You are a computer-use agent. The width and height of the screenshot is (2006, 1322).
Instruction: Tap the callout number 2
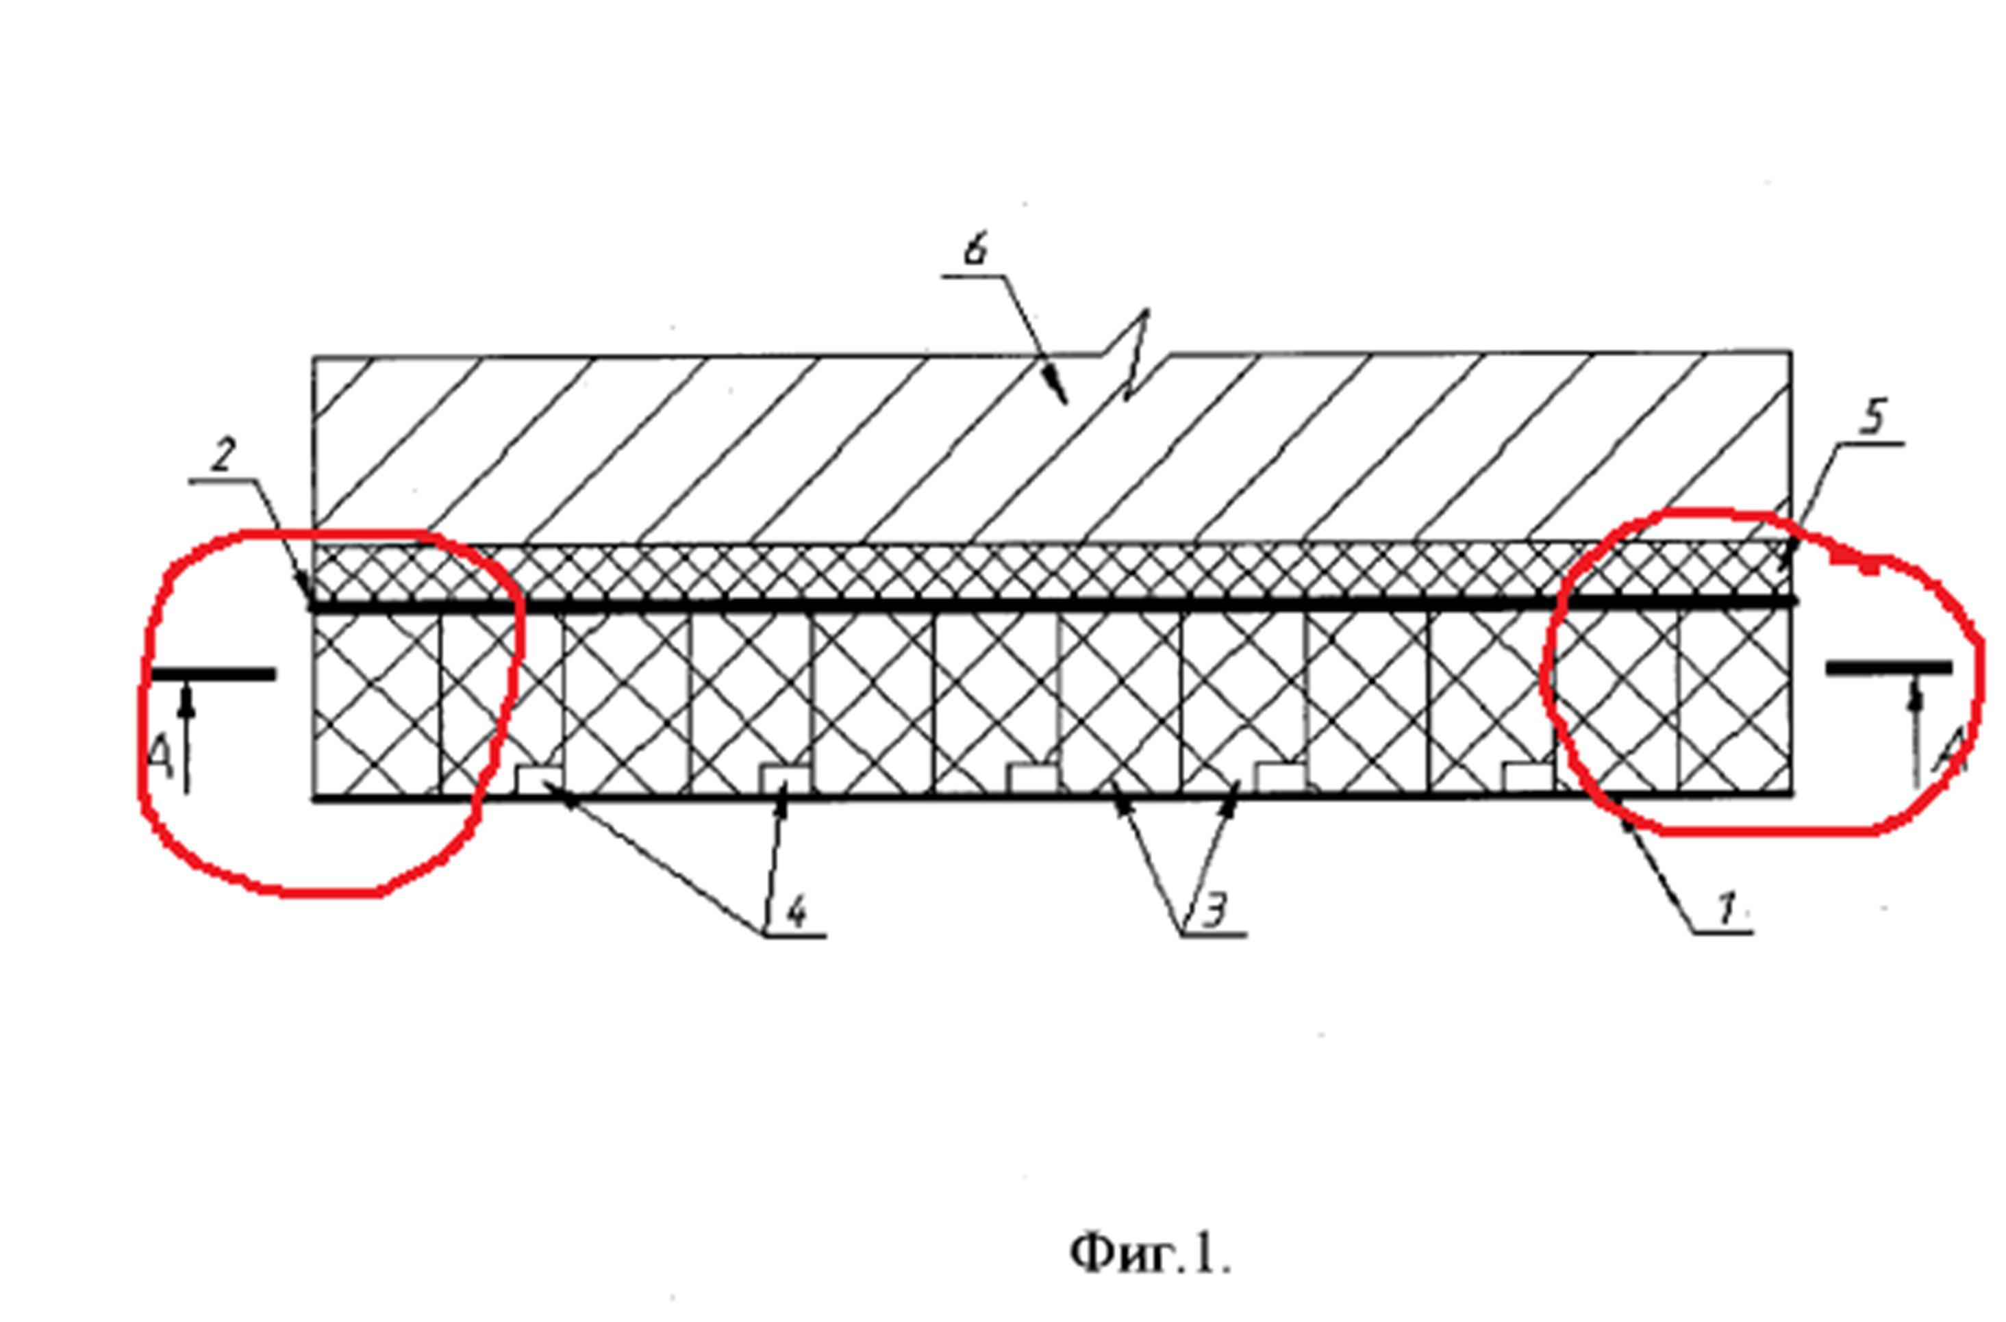(x=223, y=455)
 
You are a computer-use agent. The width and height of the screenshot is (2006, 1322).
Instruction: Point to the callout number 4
(x=796, y=911)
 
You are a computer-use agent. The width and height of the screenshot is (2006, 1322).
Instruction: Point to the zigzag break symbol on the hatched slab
(x=1134, y=354)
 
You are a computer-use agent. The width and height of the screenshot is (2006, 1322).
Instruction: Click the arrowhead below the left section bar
(x=186, y=700)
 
